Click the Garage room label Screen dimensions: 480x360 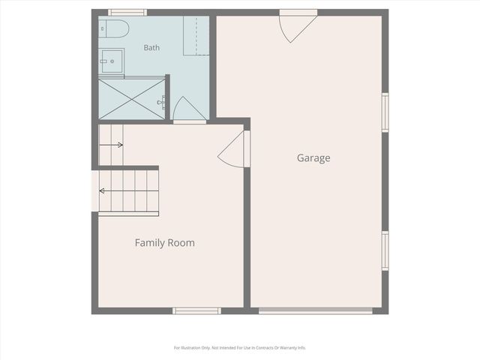click(x=313, y=158)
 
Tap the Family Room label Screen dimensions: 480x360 click(x=165, y=243)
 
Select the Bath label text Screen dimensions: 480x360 click(x=151, y=47)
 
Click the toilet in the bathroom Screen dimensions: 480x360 click(x=113, y=28)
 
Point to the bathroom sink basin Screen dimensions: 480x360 click(x=112, y=61)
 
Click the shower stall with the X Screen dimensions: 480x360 click(x=132, y=99)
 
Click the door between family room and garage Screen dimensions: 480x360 click(x=231, y=149)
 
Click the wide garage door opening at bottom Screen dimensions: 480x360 click(x=316, y=311)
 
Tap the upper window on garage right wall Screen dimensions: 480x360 click(x=385, y=112)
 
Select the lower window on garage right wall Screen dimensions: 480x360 click(x=385, y=250)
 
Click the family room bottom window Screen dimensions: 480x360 click(x=196, y=311)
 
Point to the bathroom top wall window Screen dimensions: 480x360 click(x=127, y=13)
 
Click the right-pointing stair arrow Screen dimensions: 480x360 click(x=111, y=145)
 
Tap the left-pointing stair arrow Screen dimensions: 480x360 click(x=129, y=191)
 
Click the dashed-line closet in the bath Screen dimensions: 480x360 click(x=196, y=35)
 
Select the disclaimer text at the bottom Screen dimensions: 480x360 click(x=240, y=348)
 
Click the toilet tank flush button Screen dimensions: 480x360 click(x=102, y=28)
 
